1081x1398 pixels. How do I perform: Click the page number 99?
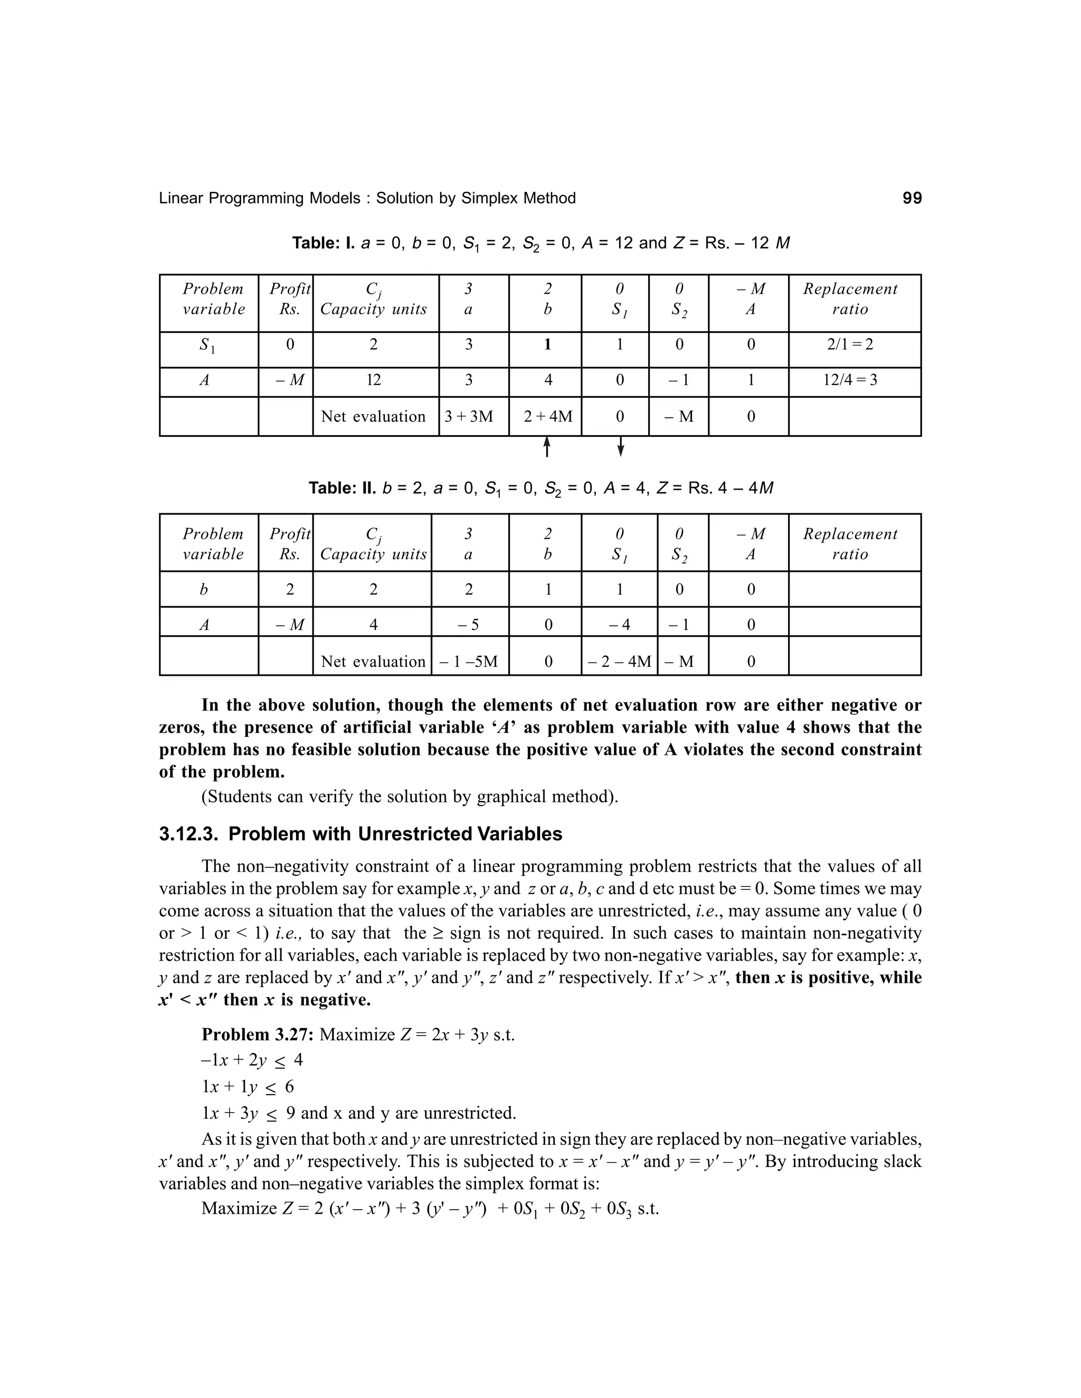(x=912, y=198)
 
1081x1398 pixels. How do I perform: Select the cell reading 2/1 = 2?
(x=850, y=344)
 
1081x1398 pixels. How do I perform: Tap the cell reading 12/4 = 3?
(x=850, y=380)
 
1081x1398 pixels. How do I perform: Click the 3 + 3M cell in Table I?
(x=469, y=417)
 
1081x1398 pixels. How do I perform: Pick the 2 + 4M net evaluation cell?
(x=547, y=417)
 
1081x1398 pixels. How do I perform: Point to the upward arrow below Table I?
(x=547, y=447)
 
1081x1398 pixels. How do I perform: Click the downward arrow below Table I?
(x=620, y=447)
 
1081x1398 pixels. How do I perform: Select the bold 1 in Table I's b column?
(x=547, y=344)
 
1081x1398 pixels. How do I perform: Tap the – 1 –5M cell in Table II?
(x=468, y=661)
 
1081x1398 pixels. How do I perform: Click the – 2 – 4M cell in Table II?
(x=619, y=661)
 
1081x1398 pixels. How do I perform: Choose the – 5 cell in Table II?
(x=469, y=625)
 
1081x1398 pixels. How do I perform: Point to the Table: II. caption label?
(x=343, y=489)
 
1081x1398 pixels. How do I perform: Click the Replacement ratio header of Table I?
(x=850, y=299)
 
